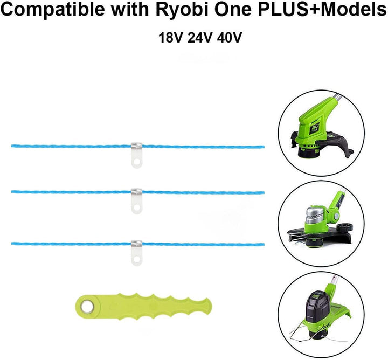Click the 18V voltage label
[x=171, y=38]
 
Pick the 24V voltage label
[x=200, y=38]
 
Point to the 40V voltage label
[x=229, y=38]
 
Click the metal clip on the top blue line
[x=136, y=146]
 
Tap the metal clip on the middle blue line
[x=136, y=192]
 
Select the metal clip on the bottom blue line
[x=136, y=244]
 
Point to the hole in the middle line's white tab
[x=136, y=208]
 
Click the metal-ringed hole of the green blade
[x=87, y=307]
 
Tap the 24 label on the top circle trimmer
[x=315, y=128]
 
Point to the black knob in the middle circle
[x=345, y=227]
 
